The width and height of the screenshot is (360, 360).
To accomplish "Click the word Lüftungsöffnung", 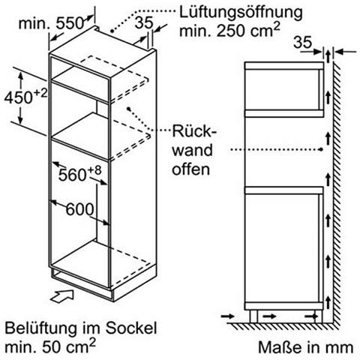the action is (241, 12).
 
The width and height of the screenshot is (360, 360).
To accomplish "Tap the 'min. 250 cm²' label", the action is (229, 31).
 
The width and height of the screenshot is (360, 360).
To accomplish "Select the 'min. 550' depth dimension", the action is (51, 23).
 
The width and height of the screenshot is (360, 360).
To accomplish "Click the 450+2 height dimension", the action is (25, 97).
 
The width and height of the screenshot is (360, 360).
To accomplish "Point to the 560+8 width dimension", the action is (79, 174).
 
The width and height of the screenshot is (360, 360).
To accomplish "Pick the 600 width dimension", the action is (79, 208).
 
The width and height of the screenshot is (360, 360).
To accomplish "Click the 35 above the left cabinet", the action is (143, 22).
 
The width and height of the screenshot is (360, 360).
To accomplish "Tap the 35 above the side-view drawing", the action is (303, 42).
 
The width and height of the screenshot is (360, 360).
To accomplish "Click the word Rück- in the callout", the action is (194, 131).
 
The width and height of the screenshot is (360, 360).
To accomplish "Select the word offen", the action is (190, 169).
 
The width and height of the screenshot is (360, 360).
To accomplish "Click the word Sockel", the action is (131, 328).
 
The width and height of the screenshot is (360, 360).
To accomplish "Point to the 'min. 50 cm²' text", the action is (50, 346).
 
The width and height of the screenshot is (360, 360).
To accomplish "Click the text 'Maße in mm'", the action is (305, 347).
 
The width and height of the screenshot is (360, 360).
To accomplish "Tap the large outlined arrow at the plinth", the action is (62, 296).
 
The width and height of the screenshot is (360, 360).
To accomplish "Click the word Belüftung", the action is (40, 328).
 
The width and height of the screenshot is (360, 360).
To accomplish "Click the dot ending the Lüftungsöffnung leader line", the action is (112, 31).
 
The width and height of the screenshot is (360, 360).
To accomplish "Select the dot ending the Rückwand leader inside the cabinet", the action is (129, 109).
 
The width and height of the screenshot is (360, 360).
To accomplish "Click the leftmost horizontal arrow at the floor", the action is (228, 316).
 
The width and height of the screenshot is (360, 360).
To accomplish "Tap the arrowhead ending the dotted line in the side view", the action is (321, 149).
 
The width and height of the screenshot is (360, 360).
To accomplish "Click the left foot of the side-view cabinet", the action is (253, 316).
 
